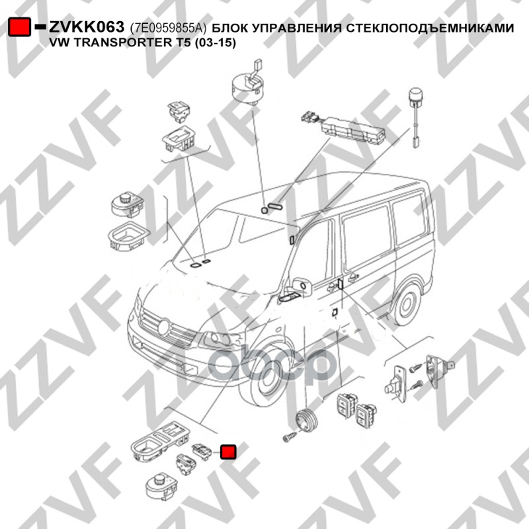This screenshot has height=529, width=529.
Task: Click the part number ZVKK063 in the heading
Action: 87,26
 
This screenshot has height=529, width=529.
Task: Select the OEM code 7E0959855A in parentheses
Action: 169,28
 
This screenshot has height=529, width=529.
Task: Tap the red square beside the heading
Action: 19,27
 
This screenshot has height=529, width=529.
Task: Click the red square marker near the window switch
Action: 228,452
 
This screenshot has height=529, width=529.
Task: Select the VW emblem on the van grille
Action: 163,327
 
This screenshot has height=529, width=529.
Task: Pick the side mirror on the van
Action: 303,287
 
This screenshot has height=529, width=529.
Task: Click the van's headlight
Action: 220,339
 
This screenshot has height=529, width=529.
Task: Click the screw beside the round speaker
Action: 290,437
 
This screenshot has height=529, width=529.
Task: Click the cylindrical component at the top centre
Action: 249,86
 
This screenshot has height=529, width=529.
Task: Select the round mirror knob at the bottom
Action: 161,486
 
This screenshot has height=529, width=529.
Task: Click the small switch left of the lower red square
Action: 202,452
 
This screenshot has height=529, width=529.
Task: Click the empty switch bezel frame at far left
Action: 128,236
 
